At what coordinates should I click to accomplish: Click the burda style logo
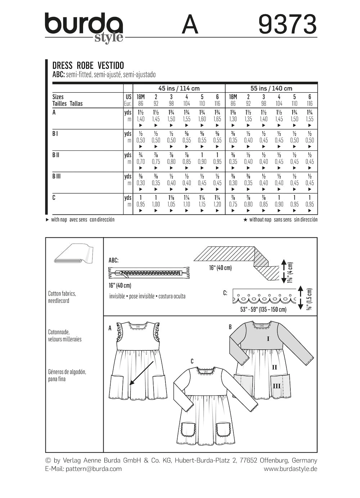pos(84,28)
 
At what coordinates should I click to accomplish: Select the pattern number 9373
pos(287,25)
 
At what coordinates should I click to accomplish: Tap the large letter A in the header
pos(190,25)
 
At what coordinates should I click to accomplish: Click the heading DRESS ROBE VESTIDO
pos(88,66)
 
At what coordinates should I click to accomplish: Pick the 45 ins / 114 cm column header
pos(179,88)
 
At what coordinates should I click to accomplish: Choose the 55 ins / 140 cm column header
pos(271,88)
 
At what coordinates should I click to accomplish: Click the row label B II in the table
pos(56,155)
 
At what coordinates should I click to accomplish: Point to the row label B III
pos(57,176)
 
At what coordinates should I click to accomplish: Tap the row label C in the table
pos(54,198)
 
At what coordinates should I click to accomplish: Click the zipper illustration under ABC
pos(149,273)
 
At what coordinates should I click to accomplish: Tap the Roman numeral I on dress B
pos(268,339)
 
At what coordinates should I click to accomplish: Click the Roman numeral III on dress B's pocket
pos(276,386)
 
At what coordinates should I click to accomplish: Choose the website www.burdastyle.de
pos(290,469)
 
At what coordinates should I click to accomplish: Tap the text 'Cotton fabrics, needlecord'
pos(62,297)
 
